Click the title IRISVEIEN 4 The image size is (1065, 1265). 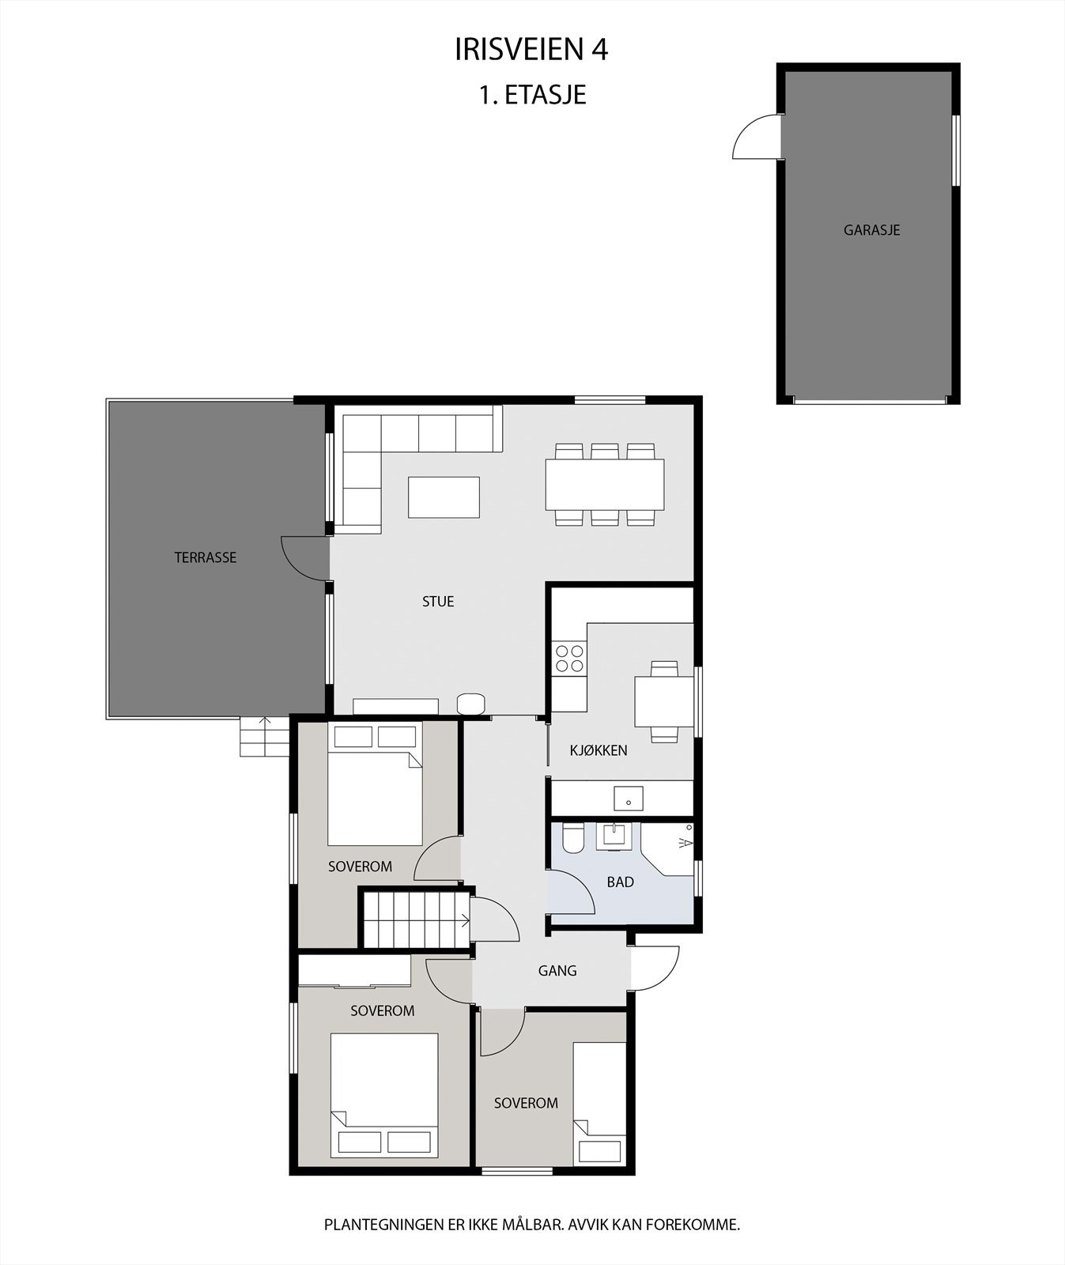[531, 50]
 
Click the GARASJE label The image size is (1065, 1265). [871, 230]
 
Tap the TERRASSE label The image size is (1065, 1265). [206, 557]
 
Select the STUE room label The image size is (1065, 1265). [438, 602]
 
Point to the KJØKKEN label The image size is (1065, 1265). [599, 750]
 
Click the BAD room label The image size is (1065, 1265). [620, 882]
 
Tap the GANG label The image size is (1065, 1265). [557, 971]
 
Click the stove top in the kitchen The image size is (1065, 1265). [569, 659]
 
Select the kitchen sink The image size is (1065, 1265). [629, 799]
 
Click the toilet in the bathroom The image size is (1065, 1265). [572, 838]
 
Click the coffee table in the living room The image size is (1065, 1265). [444, 497]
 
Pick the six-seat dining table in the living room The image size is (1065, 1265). [604, 485]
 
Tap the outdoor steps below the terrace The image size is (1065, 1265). [265, 737]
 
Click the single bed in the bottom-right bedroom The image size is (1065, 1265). [599, 1103]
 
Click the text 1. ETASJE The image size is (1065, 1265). [531, 95]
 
